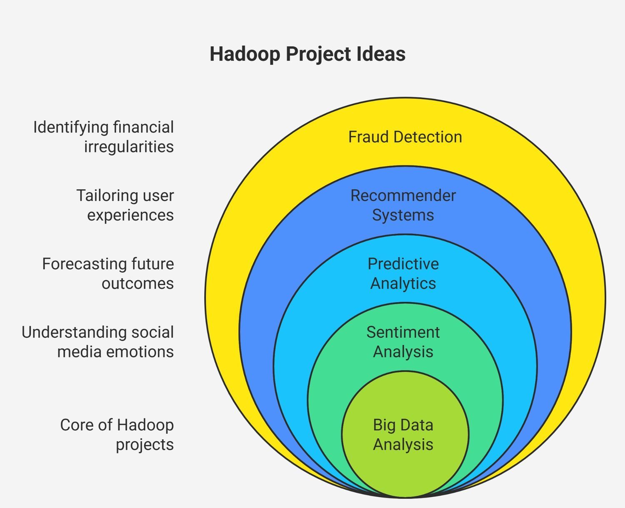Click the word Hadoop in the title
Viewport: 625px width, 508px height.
[x=245, y=54]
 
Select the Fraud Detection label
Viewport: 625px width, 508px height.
[x=405, y=137]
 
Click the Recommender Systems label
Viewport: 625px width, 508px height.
[x=403, y=205]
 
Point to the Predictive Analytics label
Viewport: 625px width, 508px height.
[x=403, y=273]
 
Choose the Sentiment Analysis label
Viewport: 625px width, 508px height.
[x=403, y=342]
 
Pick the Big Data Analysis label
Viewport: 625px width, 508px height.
[x=403, y=435]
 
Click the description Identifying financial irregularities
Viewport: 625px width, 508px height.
[x=104, y=137]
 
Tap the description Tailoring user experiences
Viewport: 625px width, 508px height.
[x=125, y=205]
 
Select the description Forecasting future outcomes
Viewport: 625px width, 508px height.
[x=108, y=273]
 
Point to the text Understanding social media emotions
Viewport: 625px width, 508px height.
[x=98, y=342]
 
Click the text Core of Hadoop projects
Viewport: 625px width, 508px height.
[x=117, y=435]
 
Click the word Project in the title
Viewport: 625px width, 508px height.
[x=318, y=54]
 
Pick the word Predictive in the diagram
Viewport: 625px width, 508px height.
[x=403, y=264]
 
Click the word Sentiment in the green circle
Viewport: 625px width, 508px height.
[x=403, y=333]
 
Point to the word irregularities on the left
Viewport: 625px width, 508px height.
[x=129, y=147]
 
